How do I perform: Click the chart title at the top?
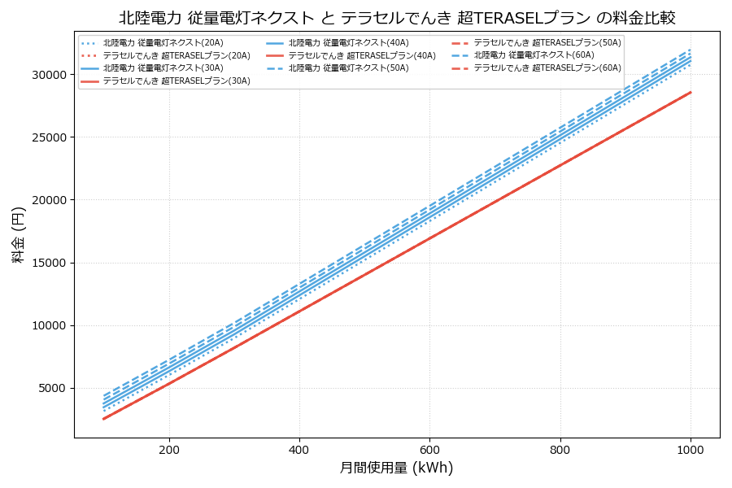click(x=397, y=18)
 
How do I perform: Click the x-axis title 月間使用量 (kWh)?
click(x=396, y=468)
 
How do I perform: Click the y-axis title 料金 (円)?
click(x=18, y=234)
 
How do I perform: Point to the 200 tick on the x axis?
click(x=169, y=450)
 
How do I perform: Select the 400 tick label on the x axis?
click(x=299, y=450)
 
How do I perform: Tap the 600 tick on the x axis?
click(x=429, y=450)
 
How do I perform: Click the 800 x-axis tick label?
click(x=560, y=450)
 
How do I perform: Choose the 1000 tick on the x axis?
click(x=691, y=450)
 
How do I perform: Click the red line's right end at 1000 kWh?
click(x=691, y=92)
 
